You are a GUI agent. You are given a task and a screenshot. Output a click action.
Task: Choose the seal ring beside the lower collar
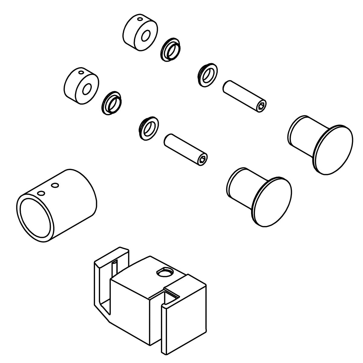(x=112, y=103)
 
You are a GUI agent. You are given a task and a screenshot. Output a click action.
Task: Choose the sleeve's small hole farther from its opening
(x=55, y=185)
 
